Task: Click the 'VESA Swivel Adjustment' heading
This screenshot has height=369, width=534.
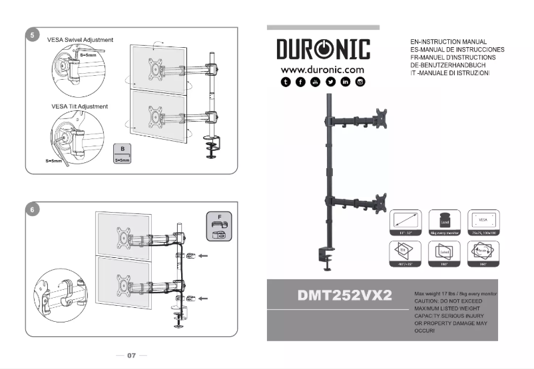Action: pyautogui.click(x=80, y=40)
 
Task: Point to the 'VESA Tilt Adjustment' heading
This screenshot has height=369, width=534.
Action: pyautogui.click(x=79, y=106)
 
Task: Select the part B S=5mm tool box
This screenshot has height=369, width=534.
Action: pyautogui.click(x=123, y=154)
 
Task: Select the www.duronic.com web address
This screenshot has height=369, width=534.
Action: pyautogui.click(x=322, y=69)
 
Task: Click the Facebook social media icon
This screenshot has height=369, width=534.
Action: pyautogui.click(x=300, y=82)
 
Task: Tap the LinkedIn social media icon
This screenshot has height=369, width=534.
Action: pyautogui.click(x=346, y=82)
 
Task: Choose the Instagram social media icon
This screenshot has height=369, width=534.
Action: pyautogui.click(x=360, y=82)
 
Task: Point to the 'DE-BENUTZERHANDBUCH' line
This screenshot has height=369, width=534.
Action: pyautogui.click(x=450, y=65)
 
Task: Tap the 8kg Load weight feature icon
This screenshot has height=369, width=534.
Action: pyautogui.click(x=442, y=223)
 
